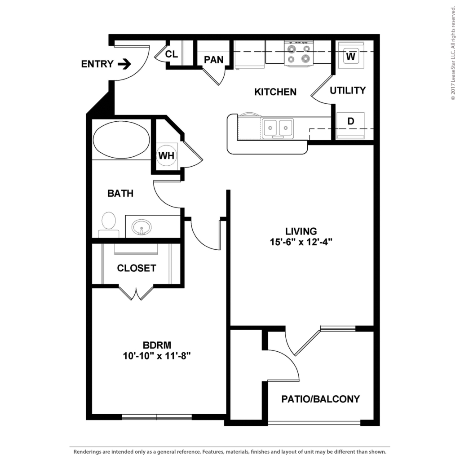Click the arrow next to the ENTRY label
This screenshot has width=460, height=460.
(x=124, y=64)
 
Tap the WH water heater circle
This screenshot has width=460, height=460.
(x=166, y=155)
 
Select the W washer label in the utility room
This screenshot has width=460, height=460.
(x=350, y=56)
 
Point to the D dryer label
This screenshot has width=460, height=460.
(x=350, y=121)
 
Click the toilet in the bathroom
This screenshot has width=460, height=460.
(x=108, y=225)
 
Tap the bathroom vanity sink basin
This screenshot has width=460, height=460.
(x=142, y=227)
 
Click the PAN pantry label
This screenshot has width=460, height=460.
(x=213, y=60)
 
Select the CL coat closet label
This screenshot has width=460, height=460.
(x=171, y=54)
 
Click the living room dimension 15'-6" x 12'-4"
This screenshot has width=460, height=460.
(x=301, y=242)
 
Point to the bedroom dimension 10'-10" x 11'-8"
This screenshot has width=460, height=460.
(x=157, y=356)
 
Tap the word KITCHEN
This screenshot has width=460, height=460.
(x=275, y=92)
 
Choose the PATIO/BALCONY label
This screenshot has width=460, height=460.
(x=320, y=399)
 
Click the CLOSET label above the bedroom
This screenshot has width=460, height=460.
(x=137, y=268)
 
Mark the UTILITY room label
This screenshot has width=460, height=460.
(x=348, y=90)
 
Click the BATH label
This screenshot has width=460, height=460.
(x=120, y=193)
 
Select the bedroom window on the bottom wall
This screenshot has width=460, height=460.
(x=157, y=417)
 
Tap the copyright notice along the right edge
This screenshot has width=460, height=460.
(x=453, y=53)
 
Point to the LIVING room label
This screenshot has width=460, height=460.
(x=301, y=231)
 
